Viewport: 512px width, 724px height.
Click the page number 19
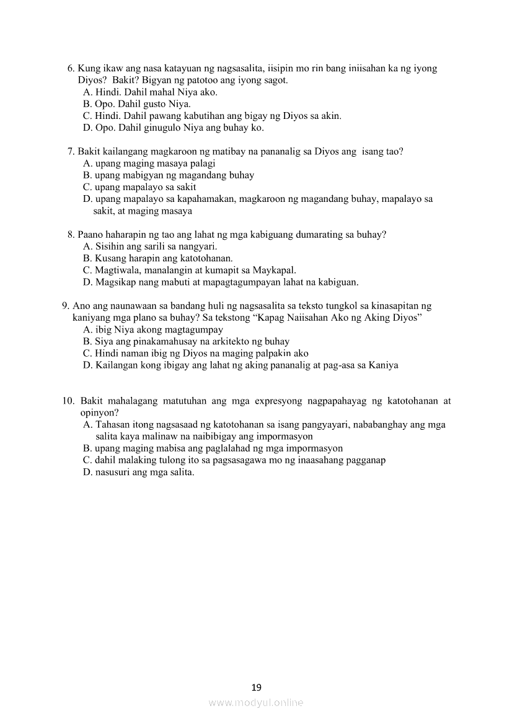coord(257,687)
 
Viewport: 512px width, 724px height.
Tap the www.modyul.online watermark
coord(256,702)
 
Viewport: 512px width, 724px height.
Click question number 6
coord(70,69)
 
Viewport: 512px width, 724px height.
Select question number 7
coord(70,151)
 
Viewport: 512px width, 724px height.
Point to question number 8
coord(70,235)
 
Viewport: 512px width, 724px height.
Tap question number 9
coord(65,306)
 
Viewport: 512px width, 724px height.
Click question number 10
coord(68,401)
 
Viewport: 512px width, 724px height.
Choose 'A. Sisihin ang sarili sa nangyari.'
coord(150,246)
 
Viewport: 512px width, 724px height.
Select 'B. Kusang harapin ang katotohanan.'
coord(157,258)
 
